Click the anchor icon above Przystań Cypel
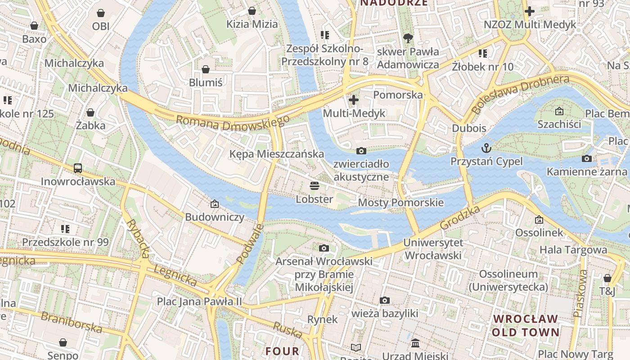tap(486, 148)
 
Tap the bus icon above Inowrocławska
tap(78, 168)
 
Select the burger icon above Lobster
tap(314, 186)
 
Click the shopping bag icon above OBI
tap(101, 13)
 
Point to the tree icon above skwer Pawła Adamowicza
tap(408, 38)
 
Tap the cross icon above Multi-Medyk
tap(354, 100)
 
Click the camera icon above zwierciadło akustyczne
tap(361, 151)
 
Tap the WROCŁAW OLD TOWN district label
tap(525, 326)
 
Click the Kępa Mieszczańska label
tap(276, 154)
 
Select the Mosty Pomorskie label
tap(400, 202)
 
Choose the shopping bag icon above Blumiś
tap(206, 69)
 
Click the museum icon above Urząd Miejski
tap(415, 343)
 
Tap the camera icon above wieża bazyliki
tap(384, 300)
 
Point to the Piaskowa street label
tap(580, 293)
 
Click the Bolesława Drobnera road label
tap(520, 94)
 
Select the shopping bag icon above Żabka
tap(90, 112)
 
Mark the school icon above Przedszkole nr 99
tap(65, 229)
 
